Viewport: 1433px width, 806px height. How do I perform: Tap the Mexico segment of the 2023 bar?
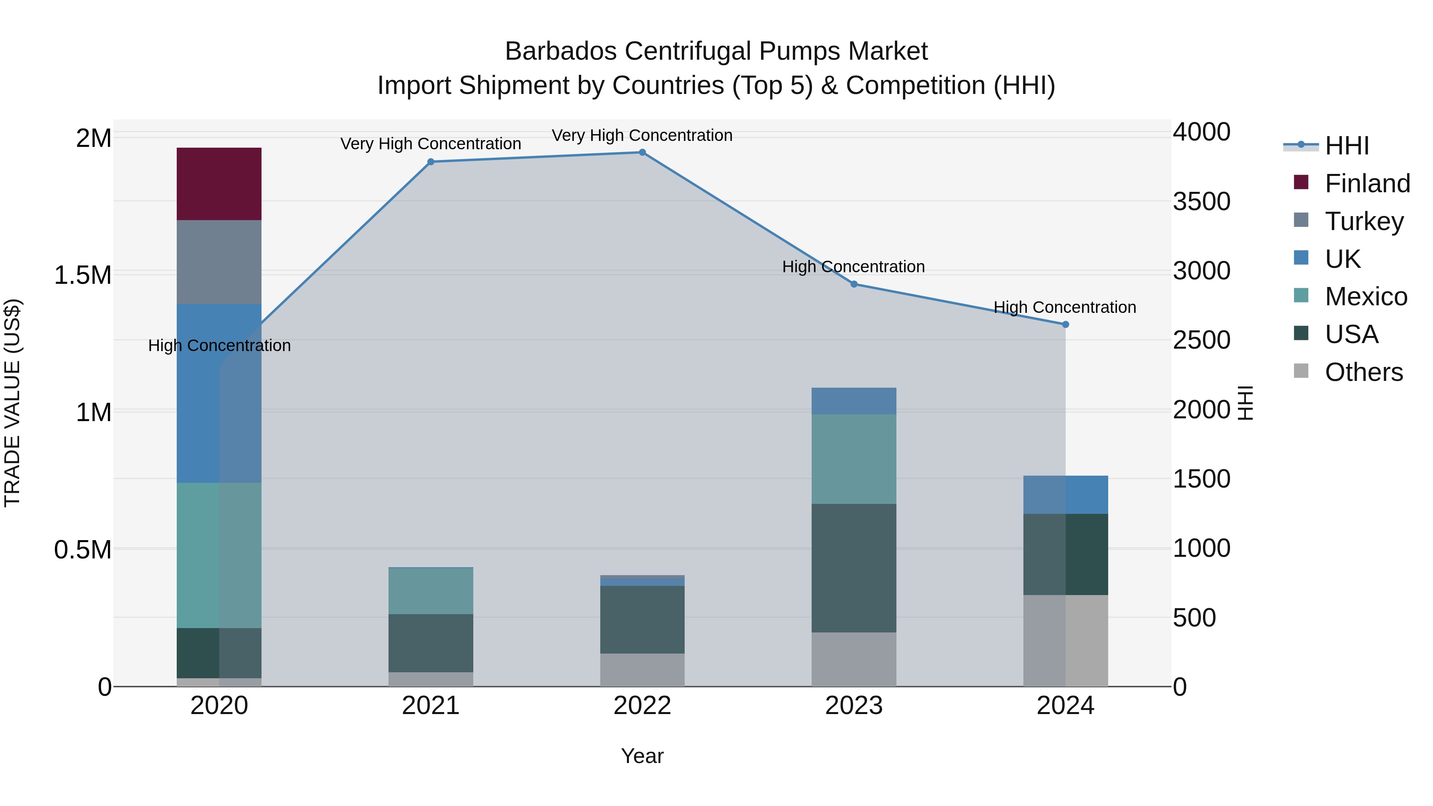point(853,459)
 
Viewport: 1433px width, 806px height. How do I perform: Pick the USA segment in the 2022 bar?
point(642,619)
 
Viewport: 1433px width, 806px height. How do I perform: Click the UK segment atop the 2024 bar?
point(1065,494)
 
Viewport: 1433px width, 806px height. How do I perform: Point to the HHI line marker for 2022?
point(642,152)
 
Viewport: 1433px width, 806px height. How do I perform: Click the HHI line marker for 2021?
point(431,162)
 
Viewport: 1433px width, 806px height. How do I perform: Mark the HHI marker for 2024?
point(1065,324)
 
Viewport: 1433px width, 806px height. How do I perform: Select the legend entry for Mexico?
point(1366,297)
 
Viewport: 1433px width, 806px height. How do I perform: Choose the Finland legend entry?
point(1367,183)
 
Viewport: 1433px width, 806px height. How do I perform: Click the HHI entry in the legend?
point(1346,146)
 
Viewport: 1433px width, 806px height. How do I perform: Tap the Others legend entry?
point(1363,372)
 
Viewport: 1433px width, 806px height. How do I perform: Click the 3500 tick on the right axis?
point(1202,201)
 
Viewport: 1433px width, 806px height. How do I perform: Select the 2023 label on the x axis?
point(853,706)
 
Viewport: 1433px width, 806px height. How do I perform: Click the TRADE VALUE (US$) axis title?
point(12,403)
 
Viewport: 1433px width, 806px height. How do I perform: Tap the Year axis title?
point(642,756)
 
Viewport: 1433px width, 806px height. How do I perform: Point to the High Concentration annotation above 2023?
point(853,267)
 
